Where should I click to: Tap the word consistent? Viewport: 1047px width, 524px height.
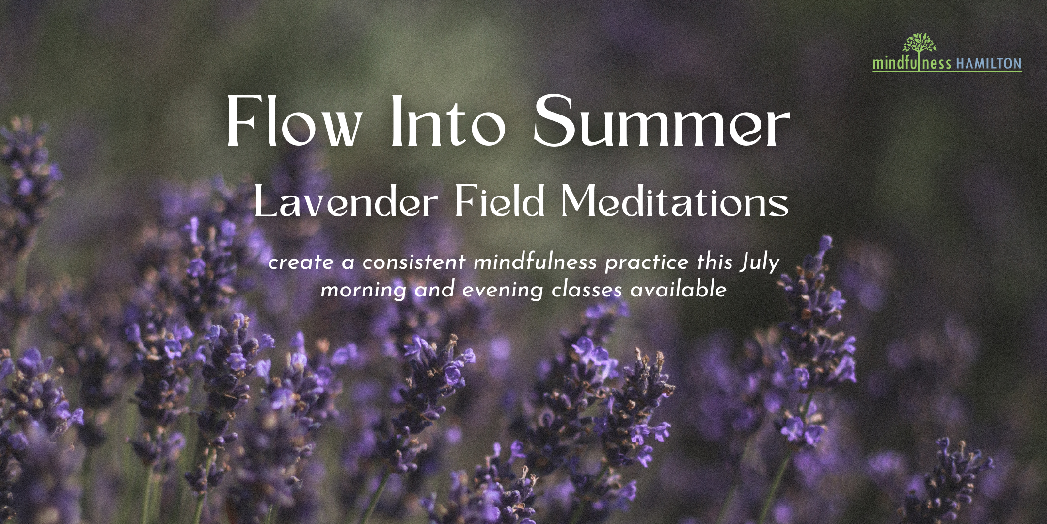click(x=414, y=262)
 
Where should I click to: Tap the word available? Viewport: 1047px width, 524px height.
click(x=678, y=290)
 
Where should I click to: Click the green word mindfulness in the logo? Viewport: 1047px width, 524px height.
click(x=912, y=64)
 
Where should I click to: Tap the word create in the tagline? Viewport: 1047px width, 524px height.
click(x=301, y=263)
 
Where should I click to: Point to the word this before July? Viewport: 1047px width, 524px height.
click(x=714, y=262)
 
